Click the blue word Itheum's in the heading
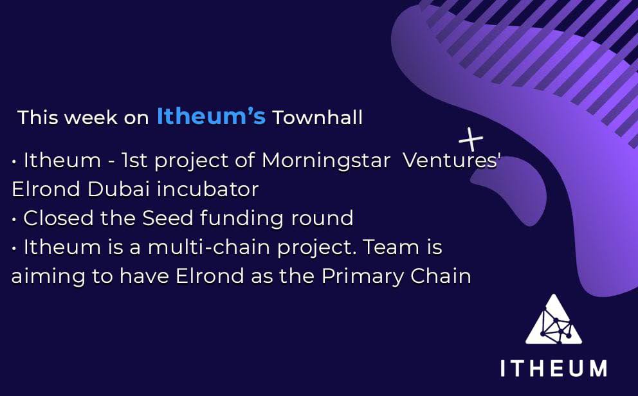pyautogui.click(x=211, y=117)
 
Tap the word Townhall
pyautogui.click(x=317, y=118)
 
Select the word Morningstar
pyautogui.click(x=326, y=161)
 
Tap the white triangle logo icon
pyautogui.click(x=553, y=321)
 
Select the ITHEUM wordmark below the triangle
pyautogui.click(x=553, y=368)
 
